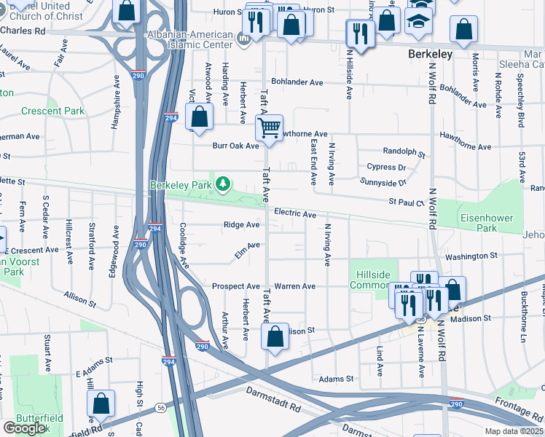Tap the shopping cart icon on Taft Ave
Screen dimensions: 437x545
click(x=269, y=128)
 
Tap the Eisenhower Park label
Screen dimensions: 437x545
click(x=487, y=223)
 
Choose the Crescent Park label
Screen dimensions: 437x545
click(x=52, y=111)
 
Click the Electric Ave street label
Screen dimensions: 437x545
click(x=295, y=214)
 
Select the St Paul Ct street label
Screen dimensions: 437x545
click(x=406, y=202)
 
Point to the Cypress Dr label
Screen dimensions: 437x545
click(x=385, y=167)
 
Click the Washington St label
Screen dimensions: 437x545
click(x=471, y=256)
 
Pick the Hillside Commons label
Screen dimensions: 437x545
click(x=374, y=280)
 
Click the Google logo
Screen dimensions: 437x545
click(x=26, y=428)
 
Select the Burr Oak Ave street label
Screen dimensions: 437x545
click(x=235, y=146)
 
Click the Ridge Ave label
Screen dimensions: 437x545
click(x=241, y=225)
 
